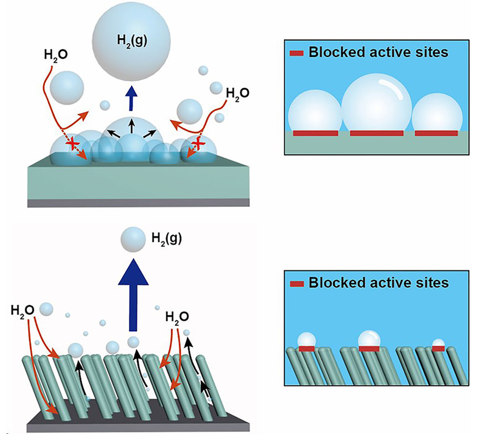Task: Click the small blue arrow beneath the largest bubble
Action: (131, 99)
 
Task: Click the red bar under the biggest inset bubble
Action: (376, 133)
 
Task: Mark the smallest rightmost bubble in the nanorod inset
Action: (438, 343)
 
